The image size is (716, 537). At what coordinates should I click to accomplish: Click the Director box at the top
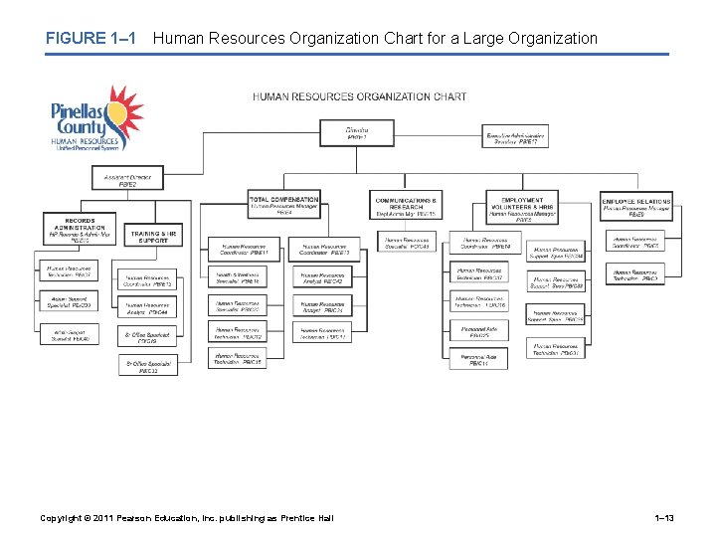356,132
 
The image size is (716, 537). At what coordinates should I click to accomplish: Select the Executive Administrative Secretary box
514,138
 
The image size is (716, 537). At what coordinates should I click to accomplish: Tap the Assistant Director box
128,180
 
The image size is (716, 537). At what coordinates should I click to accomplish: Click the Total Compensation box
284,205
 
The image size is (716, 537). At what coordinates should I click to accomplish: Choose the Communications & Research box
406,205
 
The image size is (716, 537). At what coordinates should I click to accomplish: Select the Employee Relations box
636,205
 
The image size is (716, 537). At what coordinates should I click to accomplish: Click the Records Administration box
80,230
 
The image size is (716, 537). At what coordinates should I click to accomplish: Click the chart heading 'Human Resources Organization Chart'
359,96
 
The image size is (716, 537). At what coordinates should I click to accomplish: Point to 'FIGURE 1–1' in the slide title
89,39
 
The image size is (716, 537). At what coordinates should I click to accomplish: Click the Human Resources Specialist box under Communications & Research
406,243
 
